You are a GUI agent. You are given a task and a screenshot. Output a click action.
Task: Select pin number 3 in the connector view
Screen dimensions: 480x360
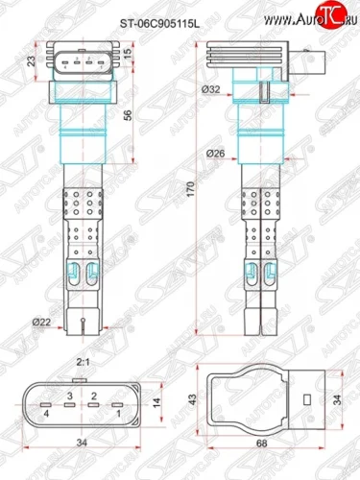[70, 396]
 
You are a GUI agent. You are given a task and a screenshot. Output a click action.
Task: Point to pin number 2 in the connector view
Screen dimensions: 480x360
[94, 396]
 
